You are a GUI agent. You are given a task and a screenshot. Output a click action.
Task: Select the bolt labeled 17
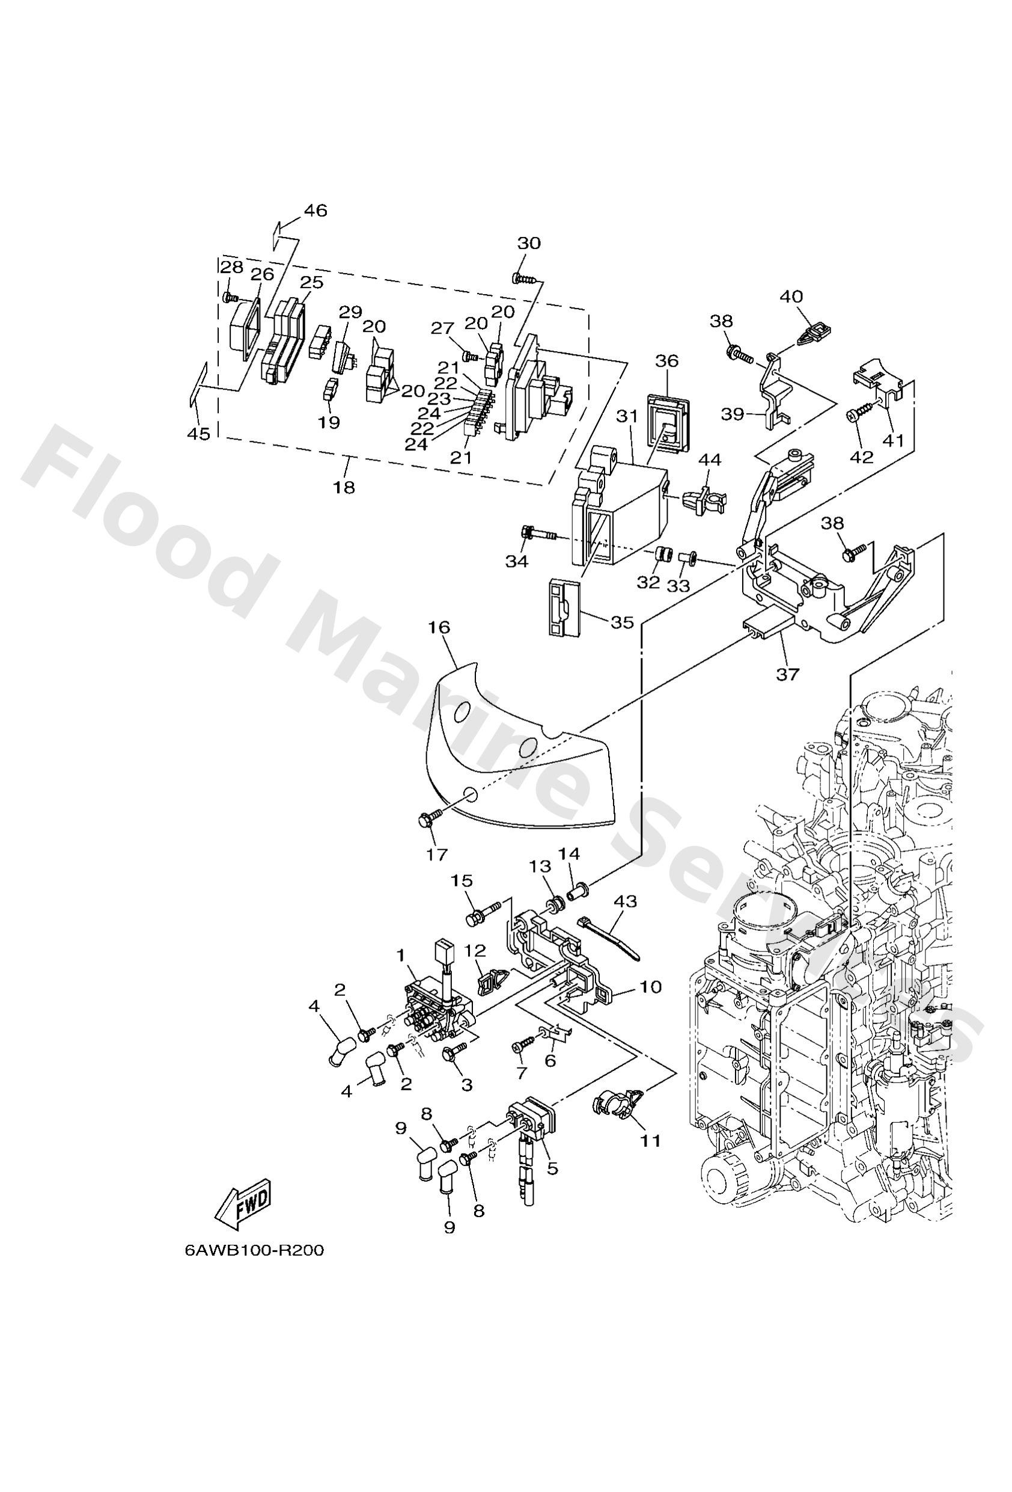click(428, 818)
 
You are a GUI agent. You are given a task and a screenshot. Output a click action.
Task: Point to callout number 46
click(315, 210)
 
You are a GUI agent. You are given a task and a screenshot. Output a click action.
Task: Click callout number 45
click(198, 435)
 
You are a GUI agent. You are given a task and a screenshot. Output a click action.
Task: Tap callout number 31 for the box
click(626, 417)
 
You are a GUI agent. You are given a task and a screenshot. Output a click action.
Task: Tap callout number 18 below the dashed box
click(344, 487)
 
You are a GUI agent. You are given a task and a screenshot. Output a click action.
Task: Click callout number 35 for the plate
click(622, 622)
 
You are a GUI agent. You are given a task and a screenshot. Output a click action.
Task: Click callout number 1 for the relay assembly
click(401, 956)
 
